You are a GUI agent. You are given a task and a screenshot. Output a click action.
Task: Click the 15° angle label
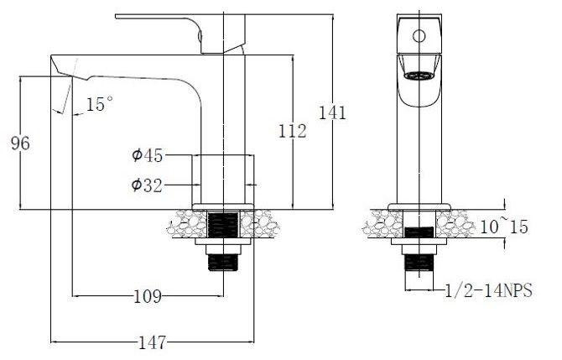tap(100, 105)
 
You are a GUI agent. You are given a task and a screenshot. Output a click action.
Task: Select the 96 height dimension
tap(20, 143)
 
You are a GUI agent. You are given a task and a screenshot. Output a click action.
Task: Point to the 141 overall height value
tap(332, 112)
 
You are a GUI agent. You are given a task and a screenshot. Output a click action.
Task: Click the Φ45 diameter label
tap(147, 155)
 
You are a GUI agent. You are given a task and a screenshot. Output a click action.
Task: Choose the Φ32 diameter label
tap(147, 185)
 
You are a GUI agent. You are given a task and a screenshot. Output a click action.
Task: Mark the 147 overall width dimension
tap(152, 342)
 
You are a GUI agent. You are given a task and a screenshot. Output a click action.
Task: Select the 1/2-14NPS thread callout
tap(489, 290)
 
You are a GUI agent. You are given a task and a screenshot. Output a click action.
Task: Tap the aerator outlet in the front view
tap(419, 75)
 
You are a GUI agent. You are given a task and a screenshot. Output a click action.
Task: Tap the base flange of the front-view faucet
tap(419, 206)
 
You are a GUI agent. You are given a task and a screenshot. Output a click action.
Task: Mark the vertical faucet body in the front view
tap(419, 151)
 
